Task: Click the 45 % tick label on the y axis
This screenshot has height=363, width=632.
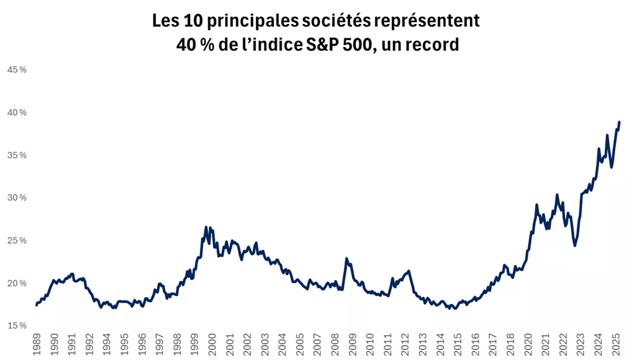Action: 16,70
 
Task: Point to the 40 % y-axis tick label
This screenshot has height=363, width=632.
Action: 16,113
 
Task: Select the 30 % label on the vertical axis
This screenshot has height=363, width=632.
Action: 16,198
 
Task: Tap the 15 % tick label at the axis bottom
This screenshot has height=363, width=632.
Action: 16,326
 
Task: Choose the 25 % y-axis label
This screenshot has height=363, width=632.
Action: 16,241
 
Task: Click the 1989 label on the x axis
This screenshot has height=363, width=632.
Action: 37,346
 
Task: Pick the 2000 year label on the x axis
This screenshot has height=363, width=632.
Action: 212,346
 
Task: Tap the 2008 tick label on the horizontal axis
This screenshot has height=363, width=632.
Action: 335,346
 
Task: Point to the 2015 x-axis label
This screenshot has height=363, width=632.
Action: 457,346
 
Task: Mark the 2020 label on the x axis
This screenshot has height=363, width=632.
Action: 528,346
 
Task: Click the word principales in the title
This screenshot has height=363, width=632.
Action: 240,21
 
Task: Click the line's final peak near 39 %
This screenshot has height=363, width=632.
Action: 619,122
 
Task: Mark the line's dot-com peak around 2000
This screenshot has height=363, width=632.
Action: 206,228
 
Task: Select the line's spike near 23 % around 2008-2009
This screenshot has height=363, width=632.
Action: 347,258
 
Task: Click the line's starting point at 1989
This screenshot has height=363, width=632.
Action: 37,305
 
